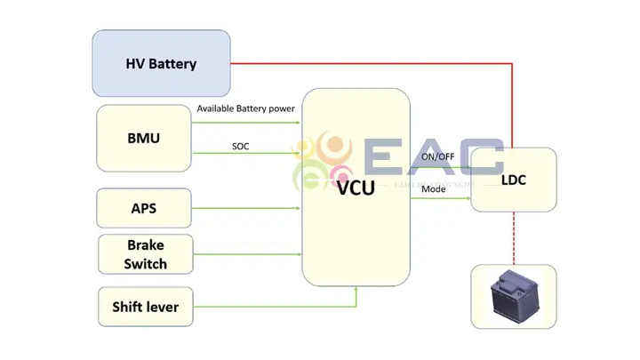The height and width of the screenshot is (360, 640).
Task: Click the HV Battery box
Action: pyautogui.click(x=161, y=64)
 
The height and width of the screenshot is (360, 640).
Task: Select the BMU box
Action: pyautogui.click(x=144, y=139)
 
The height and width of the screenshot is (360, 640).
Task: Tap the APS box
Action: pyautogui.click(x=144, y=209)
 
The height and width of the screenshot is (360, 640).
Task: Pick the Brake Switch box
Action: pyautogui.click(x=145, y=253)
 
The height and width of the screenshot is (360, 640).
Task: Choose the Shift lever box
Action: pyautogui.click(x=145, y=307)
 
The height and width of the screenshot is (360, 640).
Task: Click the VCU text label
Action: pyautogui.click(x=356, y=187)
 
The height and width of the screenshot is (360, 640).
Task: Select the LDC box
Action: pyautogui.click(x=513, y=180)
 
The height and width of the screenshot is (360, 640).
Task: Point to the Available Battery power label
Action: pyautogui.click(x=245, y=108)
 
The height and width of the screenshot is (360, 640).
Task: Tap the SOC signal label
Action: pyautogui.click(x=240, y=145)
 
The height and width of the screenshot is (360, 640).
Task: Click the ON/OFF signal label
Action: pyautogui.click(x=438, y=156)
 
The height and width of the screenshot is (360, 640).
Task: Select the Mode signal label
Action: pyautogui.click(x=434, y=189)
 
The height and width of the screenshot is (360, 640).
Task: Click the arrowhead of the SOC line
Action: pyautogui.click(x=298, y=154)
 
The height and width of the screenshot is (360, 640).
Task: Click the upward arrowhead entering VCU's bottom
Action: pyautogui.click(x=356, y=289)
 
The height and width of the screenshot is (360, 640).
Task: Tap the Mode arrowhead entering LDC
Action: pyautogui.click(x=467, y=199)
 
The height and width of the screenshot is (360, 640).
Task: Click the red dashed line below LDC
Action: pyautogui.click(x=513, y=237)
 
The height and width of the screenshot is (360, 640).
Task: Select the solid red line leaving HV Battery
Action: pyautogui.click(x=373, y=64)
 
